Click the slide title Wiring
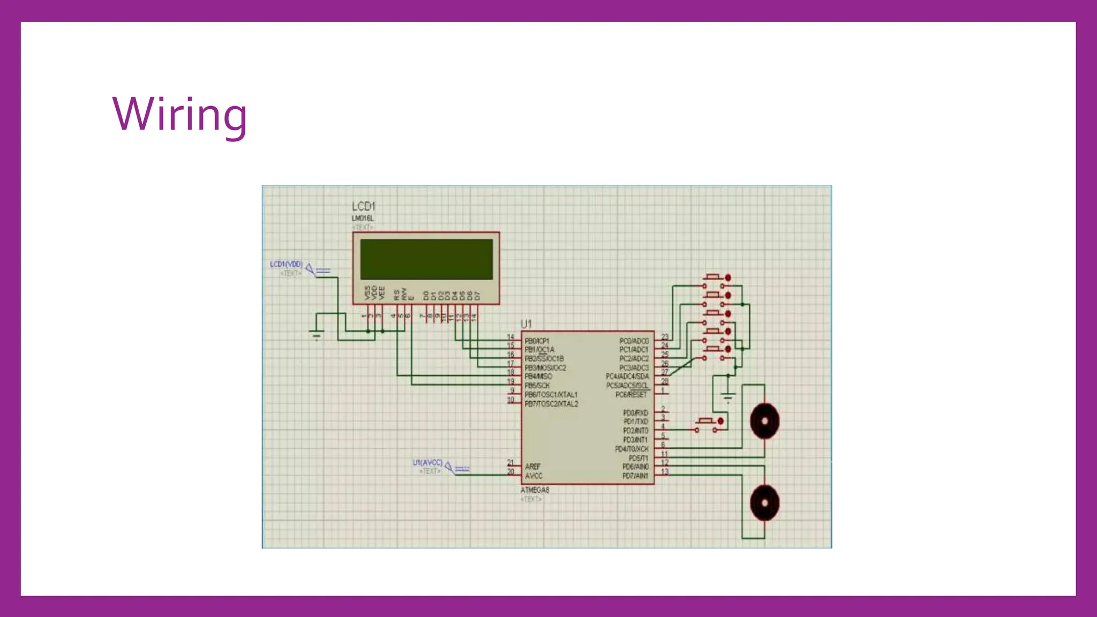179,115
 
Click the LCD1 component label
363,206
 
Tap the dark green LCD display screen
426,259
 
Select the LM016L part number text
363,219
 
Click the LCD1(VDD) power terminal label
286,265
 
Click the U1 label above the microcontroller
526,324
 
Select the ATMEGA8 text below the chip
535,490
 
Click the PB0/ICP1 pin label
537,341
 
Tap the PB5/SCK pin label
537,386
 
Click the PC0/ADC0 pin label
634,341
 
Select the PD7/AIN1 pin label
635,476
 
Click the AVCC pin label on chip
534,476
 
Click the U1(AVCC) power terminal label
427,463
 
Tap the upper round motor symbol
764,421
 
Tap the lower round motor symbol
764,502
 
